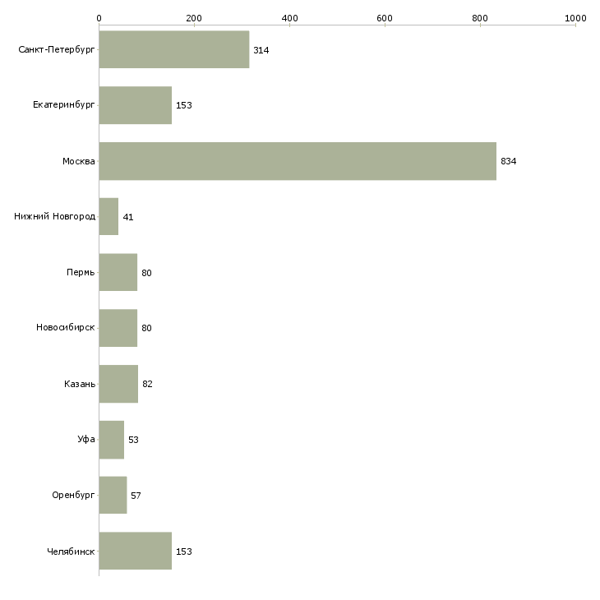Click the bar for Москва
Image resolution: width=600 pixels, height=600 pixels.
click(x=298, y=161)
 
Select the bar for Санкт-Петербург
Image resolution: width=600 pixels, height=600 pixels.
click(x=174, y=50)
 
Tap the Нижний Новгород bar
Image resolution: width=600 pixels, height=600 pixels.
click(x=108, y=217)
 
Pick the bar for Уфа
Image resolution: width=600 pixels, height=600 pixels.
click(x=112, y=440)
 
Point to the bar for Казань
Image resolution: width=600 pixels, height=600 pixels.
click(x=118, y=384)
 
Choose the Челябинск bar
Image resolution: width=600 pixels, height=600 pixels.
click(x=136, y=552)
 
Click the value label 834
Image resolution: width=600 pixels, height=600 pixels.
click(x=508, y=161)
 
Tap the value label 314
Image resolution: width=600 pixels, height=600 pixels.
click(x=261, y=50)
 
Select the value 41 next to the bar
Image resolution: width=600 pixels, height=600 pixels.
click(x=128, y=217)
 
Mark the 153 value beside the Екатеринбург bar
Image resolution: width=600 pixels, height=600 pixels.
click(x=183, y=106)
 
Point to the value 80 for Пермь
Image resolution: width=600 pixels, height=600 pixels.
click(x=146, y=273)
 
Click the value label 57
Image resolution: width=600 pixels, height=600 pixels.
click(x=136, y=496)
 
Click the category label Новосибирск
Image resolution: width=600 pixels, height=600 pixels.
click(x=66, y=328)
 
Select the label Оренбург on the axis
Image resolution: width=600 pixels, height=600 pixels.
click(x=73, y=496)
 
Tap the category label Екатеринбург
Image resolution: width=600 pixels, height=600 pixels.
click(x=64, y=106)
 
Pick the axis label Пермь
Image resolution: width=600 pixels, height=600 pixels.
click(x=81, y=273)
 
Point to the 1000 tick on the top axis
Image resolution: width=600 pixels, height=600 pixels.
click(x=575, y=17)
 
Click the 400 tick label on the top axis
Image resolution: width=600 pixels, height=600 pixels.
click(x=289, y=17)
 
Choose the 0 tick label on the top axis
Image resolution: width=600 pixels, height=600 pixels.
click(x=99, y=17)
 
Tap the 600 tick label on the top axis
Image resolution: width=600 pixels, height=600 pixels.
click(x=385, y=17)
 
